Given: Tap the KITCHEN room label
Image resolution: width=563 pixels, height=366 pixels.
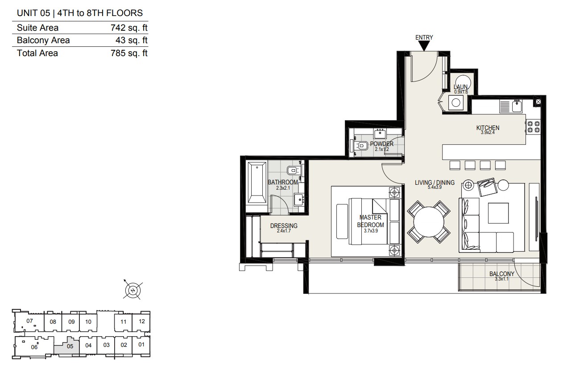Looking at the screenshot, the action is tap(488, 128).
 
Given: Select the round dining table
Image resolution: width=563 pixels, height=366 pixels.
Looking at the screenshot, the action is tap(429, 222).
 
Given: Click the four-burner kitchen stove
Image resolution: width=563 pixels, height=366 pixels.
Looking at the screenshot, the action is tap(534, 127).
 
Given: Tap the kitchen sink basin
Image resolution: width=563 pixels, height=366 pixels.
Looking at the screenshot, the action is tap(517, 106).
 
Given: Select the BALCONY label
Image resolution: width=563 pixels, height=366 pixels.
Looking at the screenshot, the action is tap(502, 274).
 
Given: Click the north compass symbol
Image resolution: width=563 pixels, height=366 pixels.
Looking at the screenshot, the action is tap(132, 290).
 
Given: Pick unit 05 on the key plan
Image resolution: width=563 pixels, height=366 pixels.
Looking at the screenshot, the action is tap(70, 346).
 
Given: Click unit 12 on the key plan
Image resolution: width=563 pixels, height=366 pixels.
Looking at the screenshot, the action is tap(141, 321).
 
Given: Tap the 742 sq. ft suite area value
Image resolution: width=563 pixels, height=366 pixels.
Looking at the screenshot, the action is tap(129, 28).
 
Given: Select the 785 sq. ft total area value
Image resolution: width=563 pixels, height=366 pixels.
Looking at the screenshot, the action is tap(129, 53).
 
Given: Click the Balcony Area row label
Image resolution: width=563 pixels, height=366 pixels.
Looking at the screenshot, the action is tap(43, 40).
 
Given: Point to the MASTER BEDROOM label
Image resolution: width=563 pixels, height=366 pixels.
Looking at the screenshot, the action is tap(370, 221).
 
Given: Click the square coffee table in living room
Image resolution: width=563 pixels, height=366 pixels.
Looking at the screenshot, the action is tap(498, 213).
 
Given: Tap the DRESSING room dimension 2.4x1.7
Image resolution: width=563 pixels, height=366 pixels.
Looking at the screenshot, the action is tap(284, 231).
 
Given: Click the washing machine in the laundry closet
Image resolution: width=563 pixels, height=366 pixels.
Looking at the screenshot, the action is tap(455, 102).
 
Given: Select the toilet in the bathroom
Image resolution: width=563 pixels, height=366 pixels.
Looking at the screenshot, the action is tap(293, 171).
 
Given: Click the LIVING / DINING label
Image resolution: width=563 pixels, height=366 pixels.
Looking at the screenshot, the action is tap(435, 183).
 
